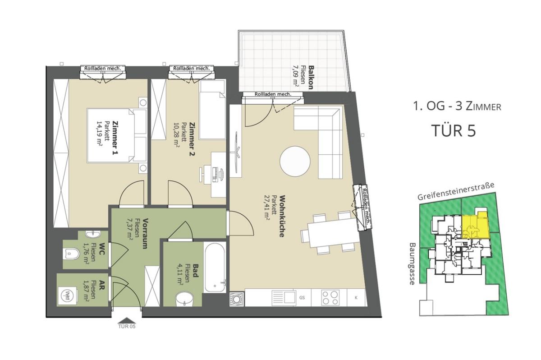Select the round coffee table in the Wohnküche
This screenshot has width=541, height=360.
tap(295, 161)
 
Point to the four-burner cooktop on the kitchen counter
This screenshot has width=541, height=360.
tap(330, 298)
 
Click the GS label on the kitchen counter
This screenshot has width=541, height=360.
tap(302, 298)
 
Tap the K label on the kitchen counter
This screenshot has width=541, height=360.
tap(356, 298)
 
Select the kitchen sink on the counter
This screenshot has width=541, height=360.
tap(284, 298)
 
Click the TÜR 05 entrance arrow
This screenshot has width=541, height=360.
tap(127, 321)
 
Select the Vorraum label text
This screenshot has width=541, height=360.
tap(145, 233)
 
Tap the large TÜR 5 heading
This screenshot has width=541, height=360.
tap(454, 131)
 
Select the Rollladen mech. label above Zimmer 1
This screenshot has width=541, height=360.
tap(103, 69)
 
